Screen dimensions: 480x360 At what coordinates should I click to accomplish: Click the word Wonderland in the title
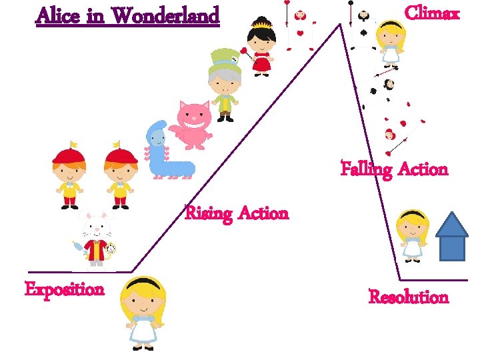click(167, 15)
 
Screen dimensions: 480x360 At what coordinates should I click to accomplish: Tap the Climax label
click(432, 13)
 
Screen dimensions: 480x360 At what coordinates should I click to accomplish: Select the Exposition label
click(65, 289)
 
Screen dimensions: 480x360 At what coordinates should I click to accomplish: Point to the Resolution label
click(409, 297)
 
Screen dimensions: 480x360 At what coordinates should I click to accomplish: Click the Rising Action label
click(237, 214)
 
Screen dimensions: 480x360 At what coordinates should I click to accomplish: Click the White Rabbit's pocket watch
click(111, 250)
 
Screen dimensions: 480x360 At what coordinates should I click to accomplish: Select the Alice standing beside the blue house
click(412, 233)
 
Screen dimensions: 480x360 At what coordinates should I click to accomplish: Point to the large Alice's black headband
click(142, 283)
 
